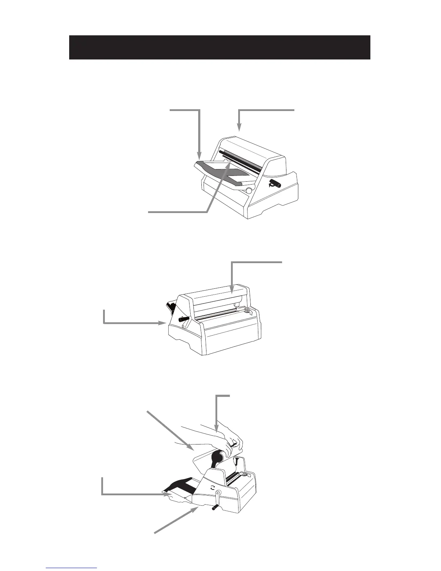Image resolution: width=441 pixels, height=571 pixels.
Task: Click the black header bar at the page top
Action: (x=220, y=47)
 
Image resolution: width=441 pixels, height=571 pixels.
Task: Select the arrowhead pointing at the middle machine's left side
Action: (x=163, y=323)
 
